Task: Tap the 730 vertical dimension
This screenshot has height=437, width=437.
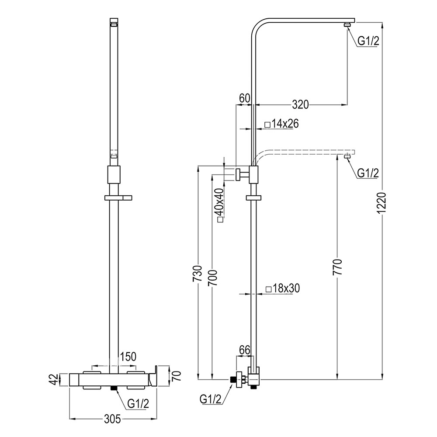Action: click(198, 274)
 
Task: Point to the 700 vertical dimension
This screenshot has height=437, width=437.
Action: click(212, 274)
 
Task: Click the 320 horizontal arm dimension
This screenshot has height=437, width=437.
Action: click(300, 104)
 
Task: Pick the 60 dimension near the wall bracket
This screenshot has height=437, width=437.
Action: click(244, 98)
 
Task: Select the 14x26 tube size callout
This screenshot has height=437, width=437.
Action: click(281, 124)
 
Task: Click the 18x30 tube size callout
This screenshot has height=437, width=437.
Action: click(282, 288)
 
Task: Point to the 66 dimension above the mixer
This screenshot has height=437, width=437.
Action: click(245, 350)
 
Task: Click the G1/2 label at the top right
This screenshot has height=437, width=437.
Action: click(368, 41)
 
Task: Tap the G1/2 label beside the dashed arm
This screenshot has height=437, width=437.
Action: click(368, 173)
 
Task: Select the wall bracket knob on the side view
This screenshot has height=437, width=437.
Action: click(238, 174)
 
